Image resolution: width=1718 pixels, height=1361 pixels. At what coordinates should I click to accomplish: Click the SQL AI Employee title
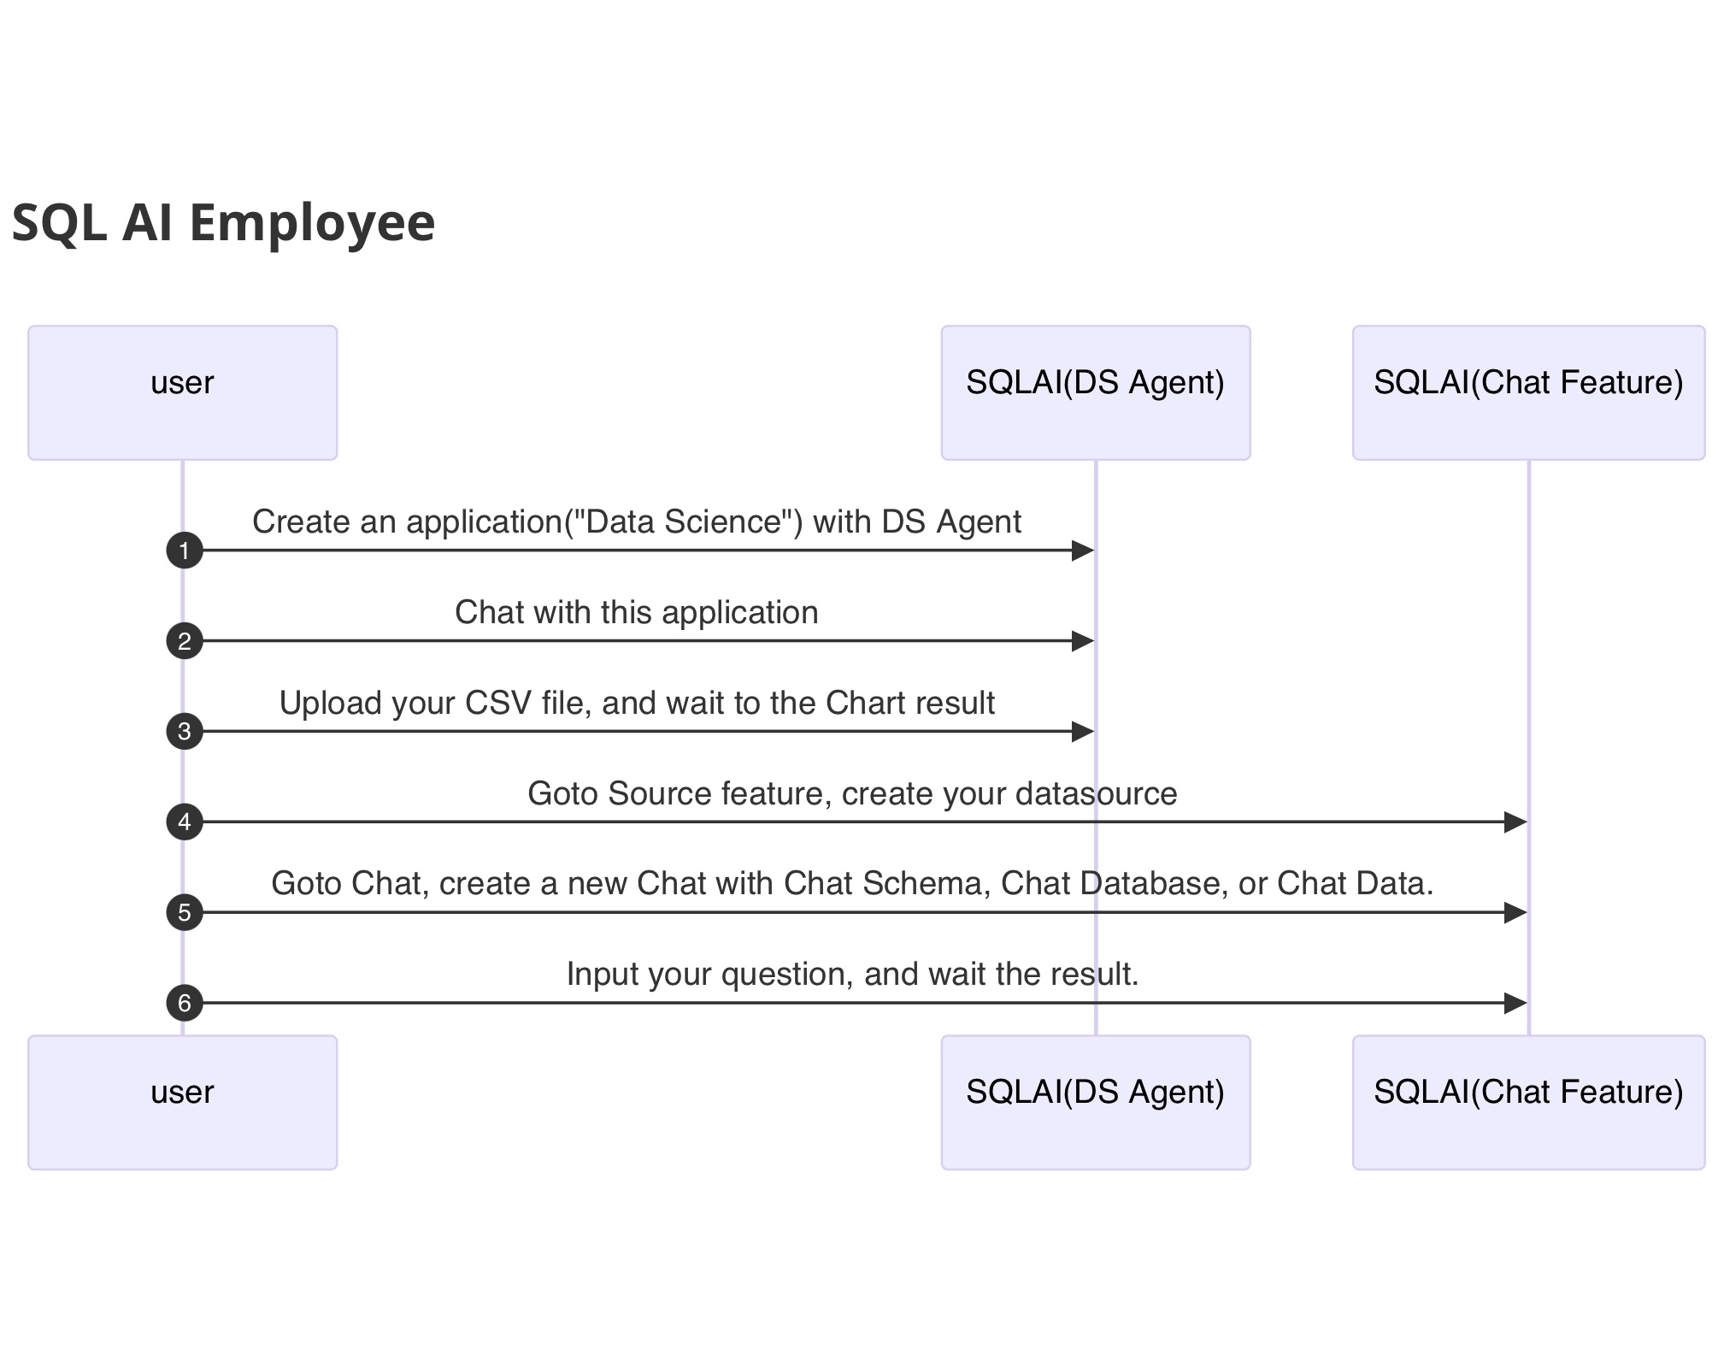click(223, 222)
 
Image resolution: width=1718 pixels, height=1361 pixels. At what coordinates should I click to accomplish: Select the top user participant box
click(182, 392)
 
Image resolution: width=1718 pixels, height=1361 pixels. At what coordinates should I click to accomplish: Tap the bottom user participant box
click(182, 1102)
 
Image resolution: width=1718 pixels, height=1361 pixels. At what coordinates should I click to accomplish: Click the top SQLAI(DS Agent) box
click(1095, 392)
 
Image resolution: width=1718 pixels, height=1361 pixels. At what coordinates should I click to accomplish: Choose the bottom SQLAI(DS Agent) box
click(1095, 1102)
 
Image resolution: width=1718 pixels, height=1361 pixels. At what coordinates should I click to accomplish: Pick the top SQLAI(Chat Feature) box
click(1527, 392)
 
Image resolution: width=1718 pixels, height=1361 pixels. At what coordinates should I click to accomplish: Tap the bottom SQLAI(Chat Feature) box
click(1527, 1102)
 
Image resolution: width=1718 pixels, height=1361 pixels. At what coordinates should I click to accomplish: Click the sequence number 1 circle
click(185, 551)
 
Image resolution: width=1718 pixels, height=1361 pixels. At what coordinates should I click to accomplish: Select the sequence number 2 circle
click(185, 641)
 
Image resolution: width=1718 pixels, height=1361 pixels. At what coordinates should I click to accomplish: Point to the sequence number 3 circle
click(185, 732)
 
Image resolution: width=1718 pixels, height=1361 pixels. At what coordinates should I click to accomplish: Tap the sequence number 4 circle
click(185, 822)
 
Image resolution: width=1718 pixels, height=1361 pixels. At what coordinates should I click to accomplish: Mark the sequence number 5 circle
click(185, 913)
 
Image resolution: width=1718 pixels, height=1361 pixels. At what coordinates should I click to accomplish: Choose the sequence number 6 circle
click(185, 1003)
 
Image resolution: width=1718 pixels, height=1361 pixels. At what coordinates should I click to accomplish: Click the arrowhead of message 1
click(1083, 551)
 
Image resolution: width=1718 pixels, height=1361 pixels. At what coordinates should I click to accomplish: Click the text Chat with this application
click(636, 612)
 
